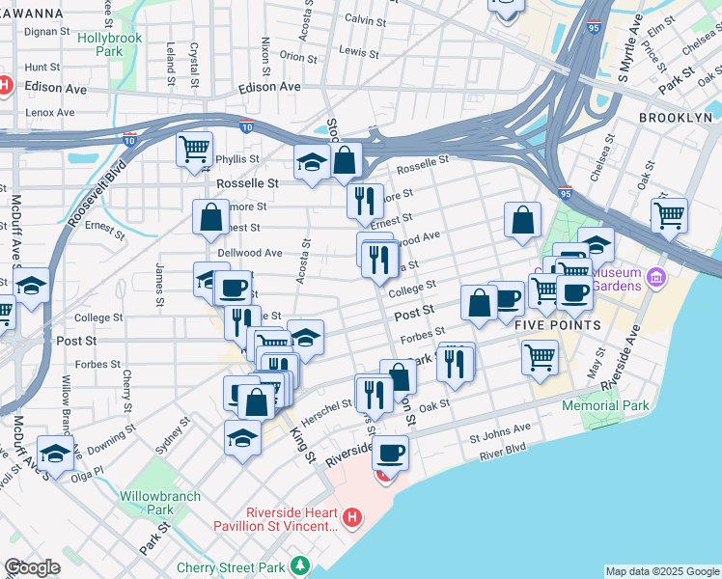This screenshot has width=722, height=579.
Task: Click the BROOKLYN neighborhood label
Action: [675, 117]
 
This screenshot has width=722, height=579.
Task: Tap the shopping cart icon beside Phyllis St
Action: [194, 149]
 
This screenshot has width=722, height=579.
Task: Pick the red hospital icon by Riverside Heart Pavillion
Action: [352, 518]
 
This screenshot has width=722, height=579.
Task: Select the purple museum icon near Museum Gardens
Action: [656, 279]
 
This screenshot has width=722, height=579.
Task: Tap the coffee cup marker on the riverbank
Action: [390, 452]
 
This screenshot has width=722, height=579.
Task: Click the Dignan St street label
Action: [47, 32]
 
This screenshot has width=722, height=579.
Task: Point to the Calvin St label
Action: [365, 19]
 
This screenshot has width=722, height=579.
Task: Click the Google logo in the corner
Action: [31, 567]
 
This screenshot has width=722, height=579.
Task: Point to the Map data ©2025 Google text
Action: [661, 571]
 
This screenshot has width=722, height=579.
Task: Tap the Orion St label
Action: [292, 56]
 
